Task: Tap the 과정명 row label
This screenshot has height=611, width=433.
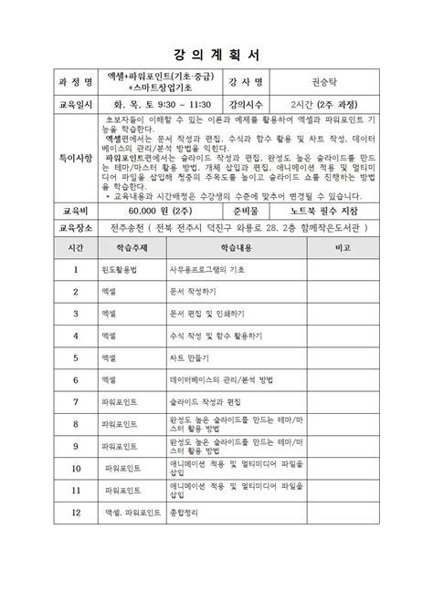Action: click(75, 79)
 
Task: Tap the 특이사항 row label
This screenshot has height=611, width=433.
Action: click(75, 159)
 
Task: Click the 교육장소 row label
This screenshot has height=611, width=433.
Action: click(75, 228)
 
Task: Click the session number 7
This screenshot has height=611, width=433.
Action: click(75, 400)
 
